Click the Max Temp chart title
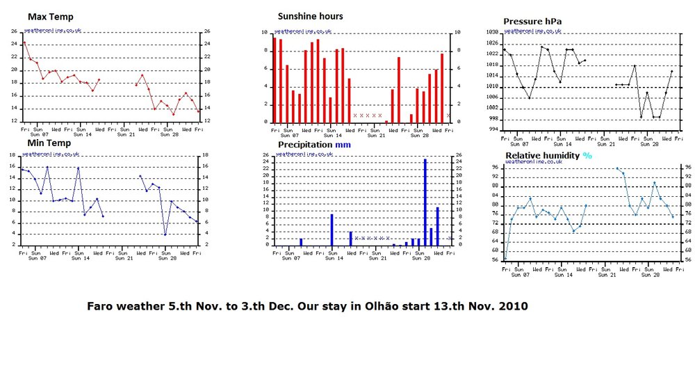coord(50,16)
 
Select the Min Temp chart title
coord(48,143)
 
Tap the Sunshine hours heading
coord(310,16)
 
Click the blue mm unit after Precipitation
coord(345,145)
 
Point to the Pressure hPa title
coord(534,22)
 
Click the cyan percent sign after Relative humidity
coord(587,155)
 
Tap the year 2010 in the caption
coord(513,306)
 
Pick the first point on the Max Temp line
coord(24,42)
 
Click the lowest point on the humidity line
coord(505,258)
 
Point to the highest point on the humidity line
coord(617,168)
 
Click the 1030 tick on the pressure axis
coord(492,33)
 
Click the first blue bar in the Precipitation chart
coord(301,241)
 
